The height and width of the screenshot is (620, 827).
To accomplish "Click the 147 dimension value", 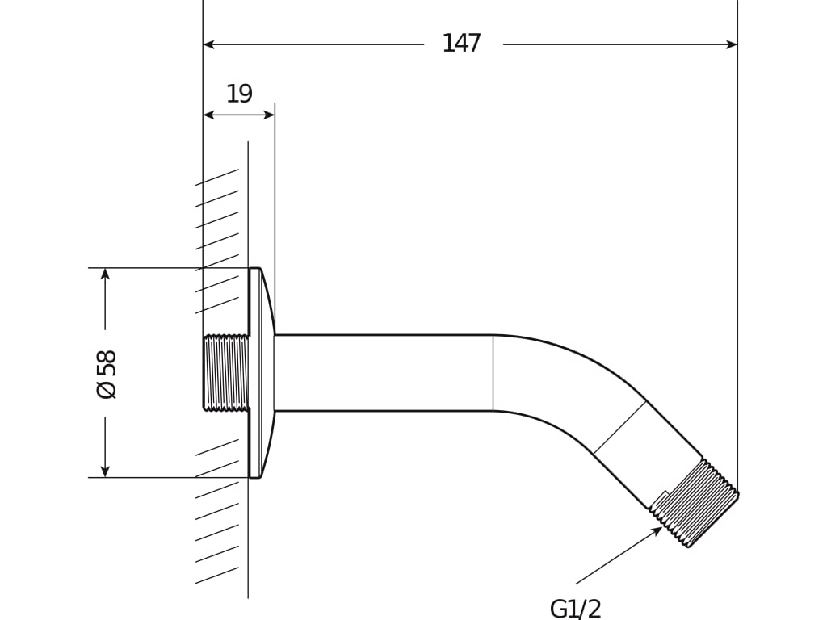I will (x=461, y=44).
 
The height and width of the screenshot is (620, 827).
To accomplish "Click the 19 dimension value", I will (x=239, y=94).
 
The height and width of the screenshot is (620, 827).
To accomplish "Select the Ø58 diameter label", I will (x=107, y=374).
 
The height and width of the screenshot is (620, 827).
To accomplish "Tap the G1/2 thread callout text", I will (x=575, y=609).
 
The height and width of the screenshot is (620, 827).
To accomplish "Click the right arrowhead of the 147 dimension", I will (x=732, y=44).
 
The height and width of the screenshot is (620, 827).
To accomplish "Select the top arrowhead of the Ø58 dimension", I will (x=105, y=274).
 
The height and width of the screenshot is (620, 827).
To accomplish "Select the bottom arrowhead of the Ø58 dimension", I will (x=105, y=471).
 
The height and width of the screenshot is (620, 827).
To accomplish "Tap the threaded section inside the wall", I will (x=225, y=373).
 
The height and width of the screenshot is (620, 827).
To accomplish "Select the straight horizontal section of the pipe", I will (x=384, y=373).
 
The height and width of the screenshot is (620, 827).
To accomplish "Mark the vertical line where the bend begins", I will (x=493, y=373).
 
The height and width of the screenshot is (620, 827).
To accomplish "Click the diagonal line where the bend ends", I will (x=619, y=427).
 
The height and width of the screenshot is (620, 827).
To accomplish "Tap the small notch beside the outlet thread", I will (x=661, y=498).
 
